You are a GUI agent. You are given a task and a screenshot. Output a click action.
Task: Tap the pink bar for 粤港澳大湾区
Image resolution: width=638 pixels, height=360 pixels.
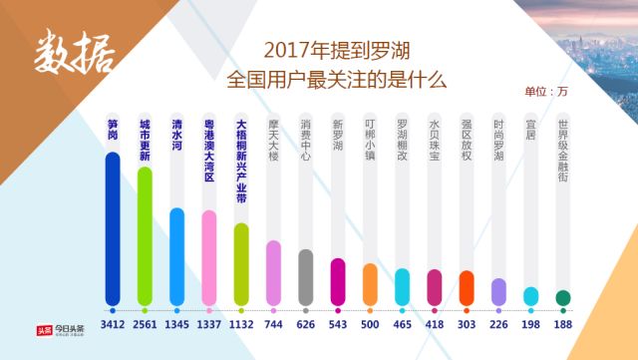point(208,256)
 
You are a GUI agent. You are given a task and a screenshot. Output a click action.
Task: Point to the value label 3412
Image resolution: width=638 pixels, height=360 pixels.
point(113,324)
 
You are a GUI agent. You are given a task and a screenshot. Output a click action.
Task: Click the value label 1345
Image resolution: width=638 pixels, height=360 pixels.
point(176,324)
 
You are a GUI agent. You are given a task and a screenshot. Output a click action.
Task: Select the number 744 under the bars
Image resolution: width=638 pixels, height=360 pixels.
point(273,324)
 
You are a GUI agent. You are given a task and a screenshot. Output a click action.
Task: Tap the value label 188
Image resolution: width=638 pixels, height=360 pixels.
point(562,324)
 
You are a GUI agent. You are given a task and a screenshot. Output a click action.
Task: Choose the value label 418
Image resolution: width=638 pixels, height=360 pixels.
point(434,324)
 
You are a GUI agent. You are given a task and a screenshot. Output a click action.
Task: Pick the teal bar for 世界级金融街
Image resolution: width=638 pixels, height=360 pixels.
point(562,297)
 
